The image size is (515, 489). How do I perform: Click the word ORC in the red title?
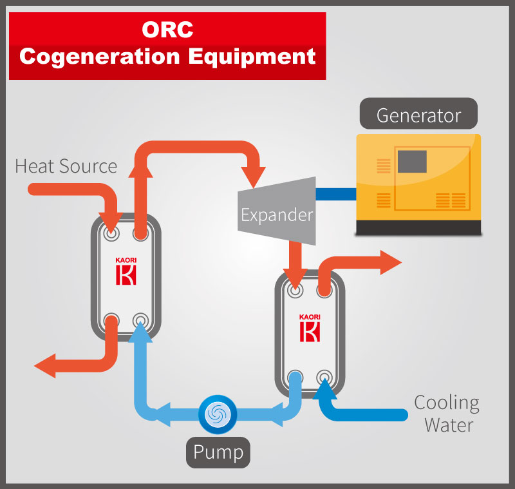(x=167, y=30)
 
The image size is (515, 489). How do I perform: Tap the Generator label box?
(x=418, y=116)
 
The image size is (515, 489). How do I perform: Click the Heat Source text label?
(x=66, y=166)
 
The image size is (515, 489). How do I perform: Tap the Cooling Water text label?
(x=446, y=414)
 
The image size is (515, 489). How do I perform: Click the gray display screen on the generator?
(x=412, y=161)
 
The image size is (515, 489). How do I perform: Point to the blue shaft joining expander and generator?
(x=335, y=193)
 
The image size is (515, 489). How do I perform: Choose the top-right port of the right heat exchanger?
(x=324, y=291)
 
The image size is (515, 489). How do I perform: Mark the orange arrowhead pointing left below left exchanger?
(x=45, y=366)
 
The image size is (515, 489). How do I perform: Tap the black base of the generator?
(x=419, y=227)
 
